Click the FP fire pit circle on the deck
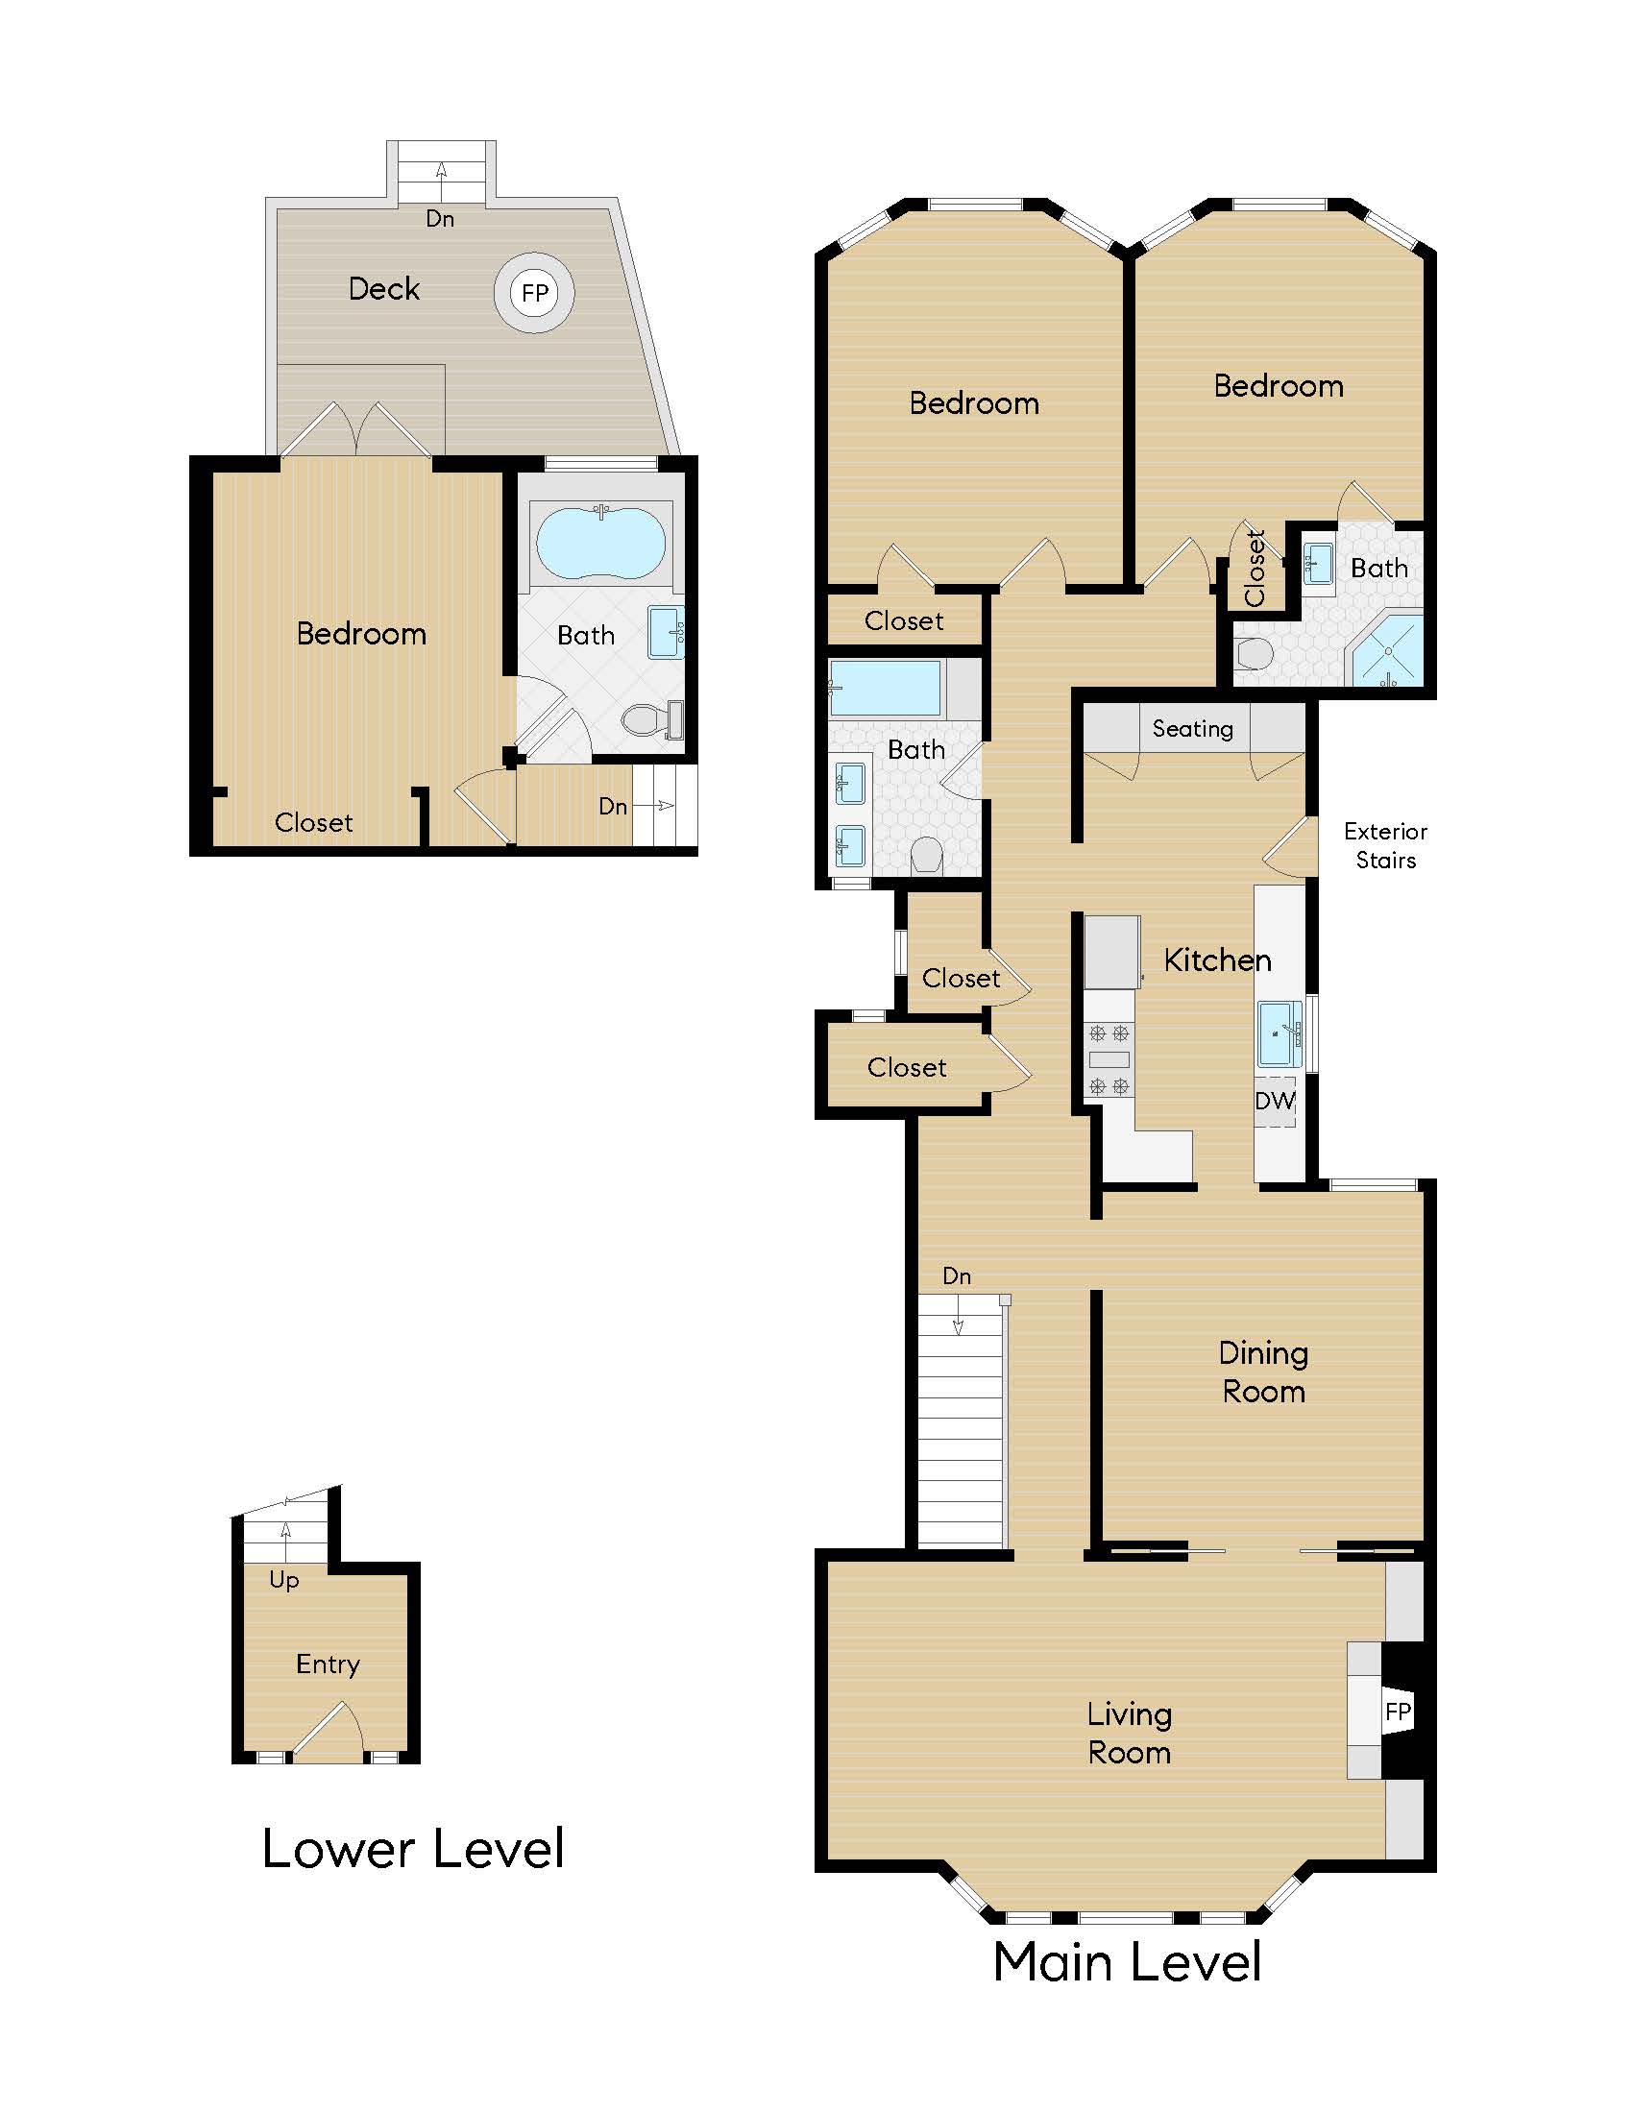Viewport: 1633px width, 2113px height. point(534,293)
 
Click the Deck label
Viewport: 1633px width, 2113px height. point(384,289)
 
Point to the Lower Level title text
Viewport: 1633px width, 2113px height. point(413,1849)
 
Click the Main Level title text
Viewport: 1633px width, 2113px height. point(1127,1962)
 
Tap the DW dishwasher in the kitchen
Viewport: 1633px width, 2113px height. point(1274,1101)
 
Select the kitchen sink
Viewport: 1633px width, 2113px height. point(1279,1033)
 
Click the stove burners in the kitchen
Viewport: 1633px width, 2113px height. point(1109,1059)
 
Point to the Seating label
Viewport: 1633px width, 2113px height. point(1192,729)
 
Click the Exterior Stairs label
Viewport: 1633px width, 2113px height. point(1385,845)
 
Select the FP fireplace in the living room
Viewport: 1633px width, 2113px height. point(1397,1711)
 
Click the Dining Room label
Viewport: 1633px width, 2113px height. point(1262,1372)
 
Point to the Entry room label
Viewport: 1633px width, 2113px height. point(328,1664)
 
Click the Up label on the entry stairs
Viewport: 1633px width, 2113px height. point(283,1580)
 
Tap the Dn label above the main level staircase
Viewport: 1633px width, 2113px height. point(956,1276)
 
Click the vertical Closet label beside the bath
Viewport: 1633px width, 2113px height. point(1255,568)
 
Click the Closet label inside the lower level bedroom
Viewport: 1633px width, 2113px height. point(313,823)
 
